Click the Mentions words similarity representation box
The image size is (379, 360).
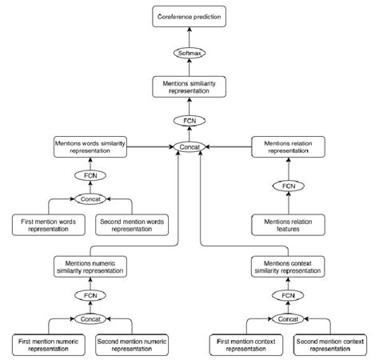pos(90,147)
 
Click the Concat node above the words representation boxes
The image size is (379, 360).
pos(90,198)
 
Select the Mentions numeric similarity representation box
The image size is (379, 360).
pos(90,266)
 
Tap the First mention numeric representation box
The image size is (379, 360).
pos(50,344)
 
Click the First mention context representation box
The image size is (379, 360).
pos(245,344)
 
